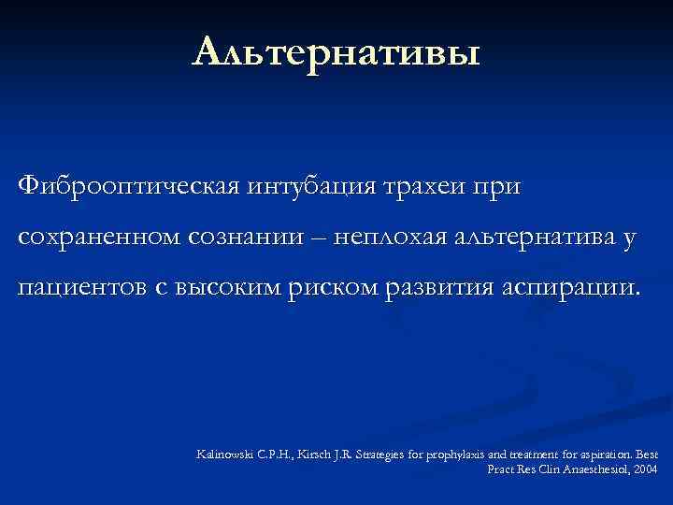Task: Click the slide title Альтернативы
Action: [x=336, y=52]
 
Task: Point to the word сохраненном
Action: [x=102, y=238]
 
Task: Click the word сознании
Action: [x=249, y=238]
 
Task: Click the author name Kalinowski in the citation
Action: [x=221, y=454]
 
